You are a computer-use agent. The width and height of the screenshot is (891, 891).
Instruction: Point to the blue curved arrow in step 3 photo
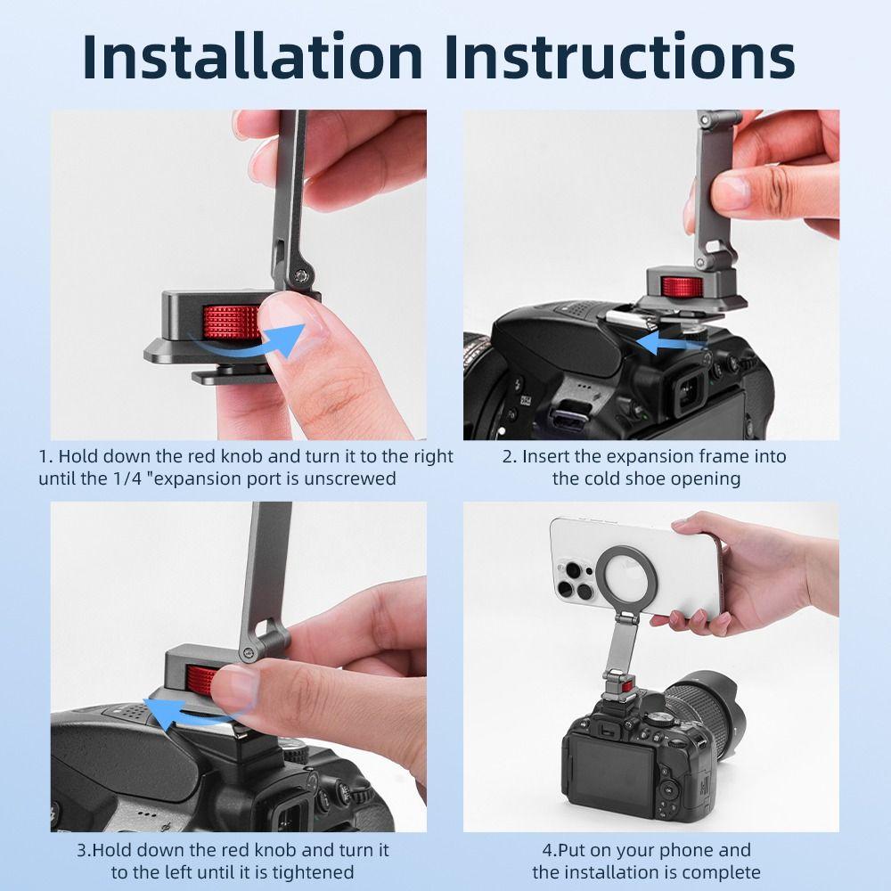coord(192,714)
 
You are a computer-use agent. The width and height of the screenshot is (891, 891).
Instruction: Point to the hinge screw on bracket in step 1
coord(304,277)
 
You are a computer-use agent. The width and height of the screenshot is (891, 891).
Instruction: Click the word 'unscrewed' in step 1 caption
coord(351,478)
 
